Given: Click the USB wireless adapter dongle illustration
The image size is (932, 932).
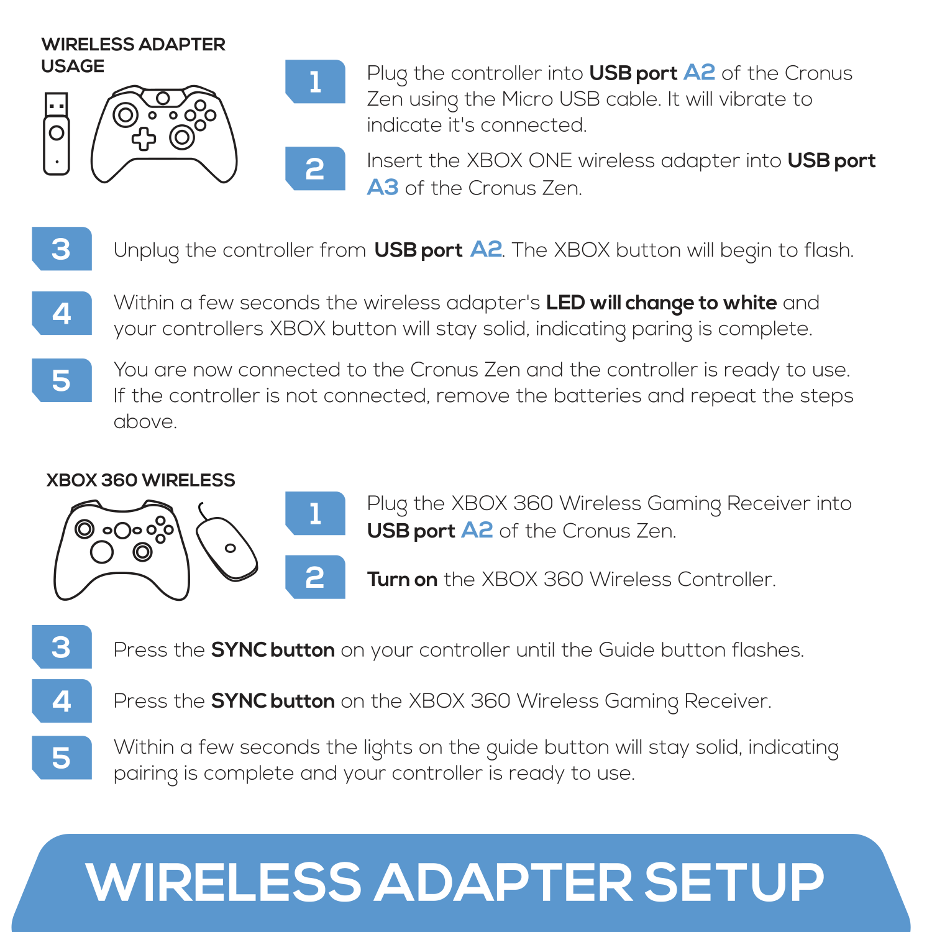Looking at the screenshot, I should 56,134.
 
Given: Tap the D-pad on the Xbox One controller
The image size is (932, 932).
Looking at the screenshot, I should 144,139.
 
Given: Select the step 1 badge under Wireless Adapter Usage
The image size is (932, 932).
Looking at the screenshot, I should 315,81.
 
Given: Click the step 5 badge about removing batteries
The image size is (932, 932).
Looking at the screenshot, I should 62,380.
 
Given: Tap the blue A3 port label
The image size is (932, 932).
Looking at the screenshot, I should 382,187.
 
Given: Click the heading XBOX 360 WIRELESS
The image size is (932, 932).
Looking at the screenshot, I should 140,480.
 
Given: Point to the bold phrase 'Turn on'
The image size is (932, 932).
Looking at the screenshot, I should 402,579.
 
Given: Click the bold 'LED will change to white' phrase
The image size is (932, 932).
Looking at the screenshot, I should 661,303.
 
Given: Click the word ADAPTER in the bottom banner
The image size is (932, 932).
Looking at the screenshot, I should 503,882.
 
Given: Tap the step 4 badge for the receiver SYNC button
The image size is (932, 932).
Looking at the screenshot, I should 62,701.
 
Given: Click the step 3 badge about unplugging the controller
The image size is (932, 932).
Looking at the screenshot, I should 62,249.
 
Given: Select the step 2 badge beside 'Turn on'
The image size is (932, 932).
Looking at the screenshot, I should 315,577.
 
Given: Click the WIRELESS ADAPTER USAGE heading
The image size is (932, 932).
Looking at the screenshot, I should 133,55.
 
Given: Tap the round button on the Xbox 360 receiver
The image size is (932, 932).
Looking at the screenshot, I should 231,548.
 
